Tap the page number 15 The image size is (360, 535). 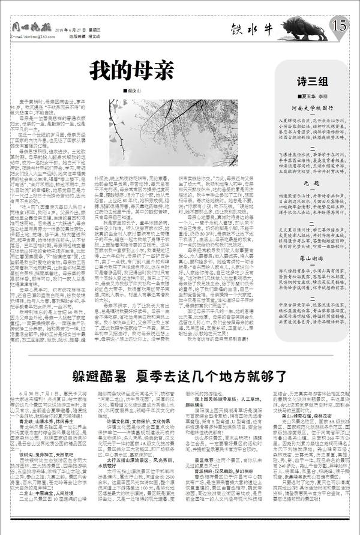pyautogui.click(x=340, y=25)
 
